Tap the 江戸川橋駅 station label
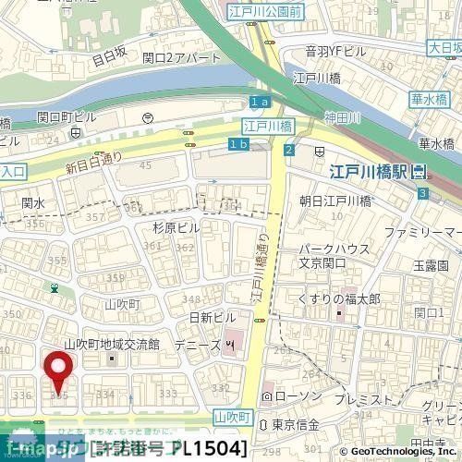[371, 172]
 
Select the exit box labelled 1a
[260, 101]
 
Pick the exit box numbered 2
[289, 151]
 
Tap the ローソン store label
[293, 396]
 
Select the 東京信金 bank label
[296, 424]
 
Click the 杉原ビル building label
[176, 227]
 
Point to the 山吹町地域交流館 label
[109, 345]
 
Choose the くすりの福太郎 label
[339, 298]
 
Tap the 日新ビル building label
[213, 317]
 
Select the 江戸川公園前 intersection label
[264, 12]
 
